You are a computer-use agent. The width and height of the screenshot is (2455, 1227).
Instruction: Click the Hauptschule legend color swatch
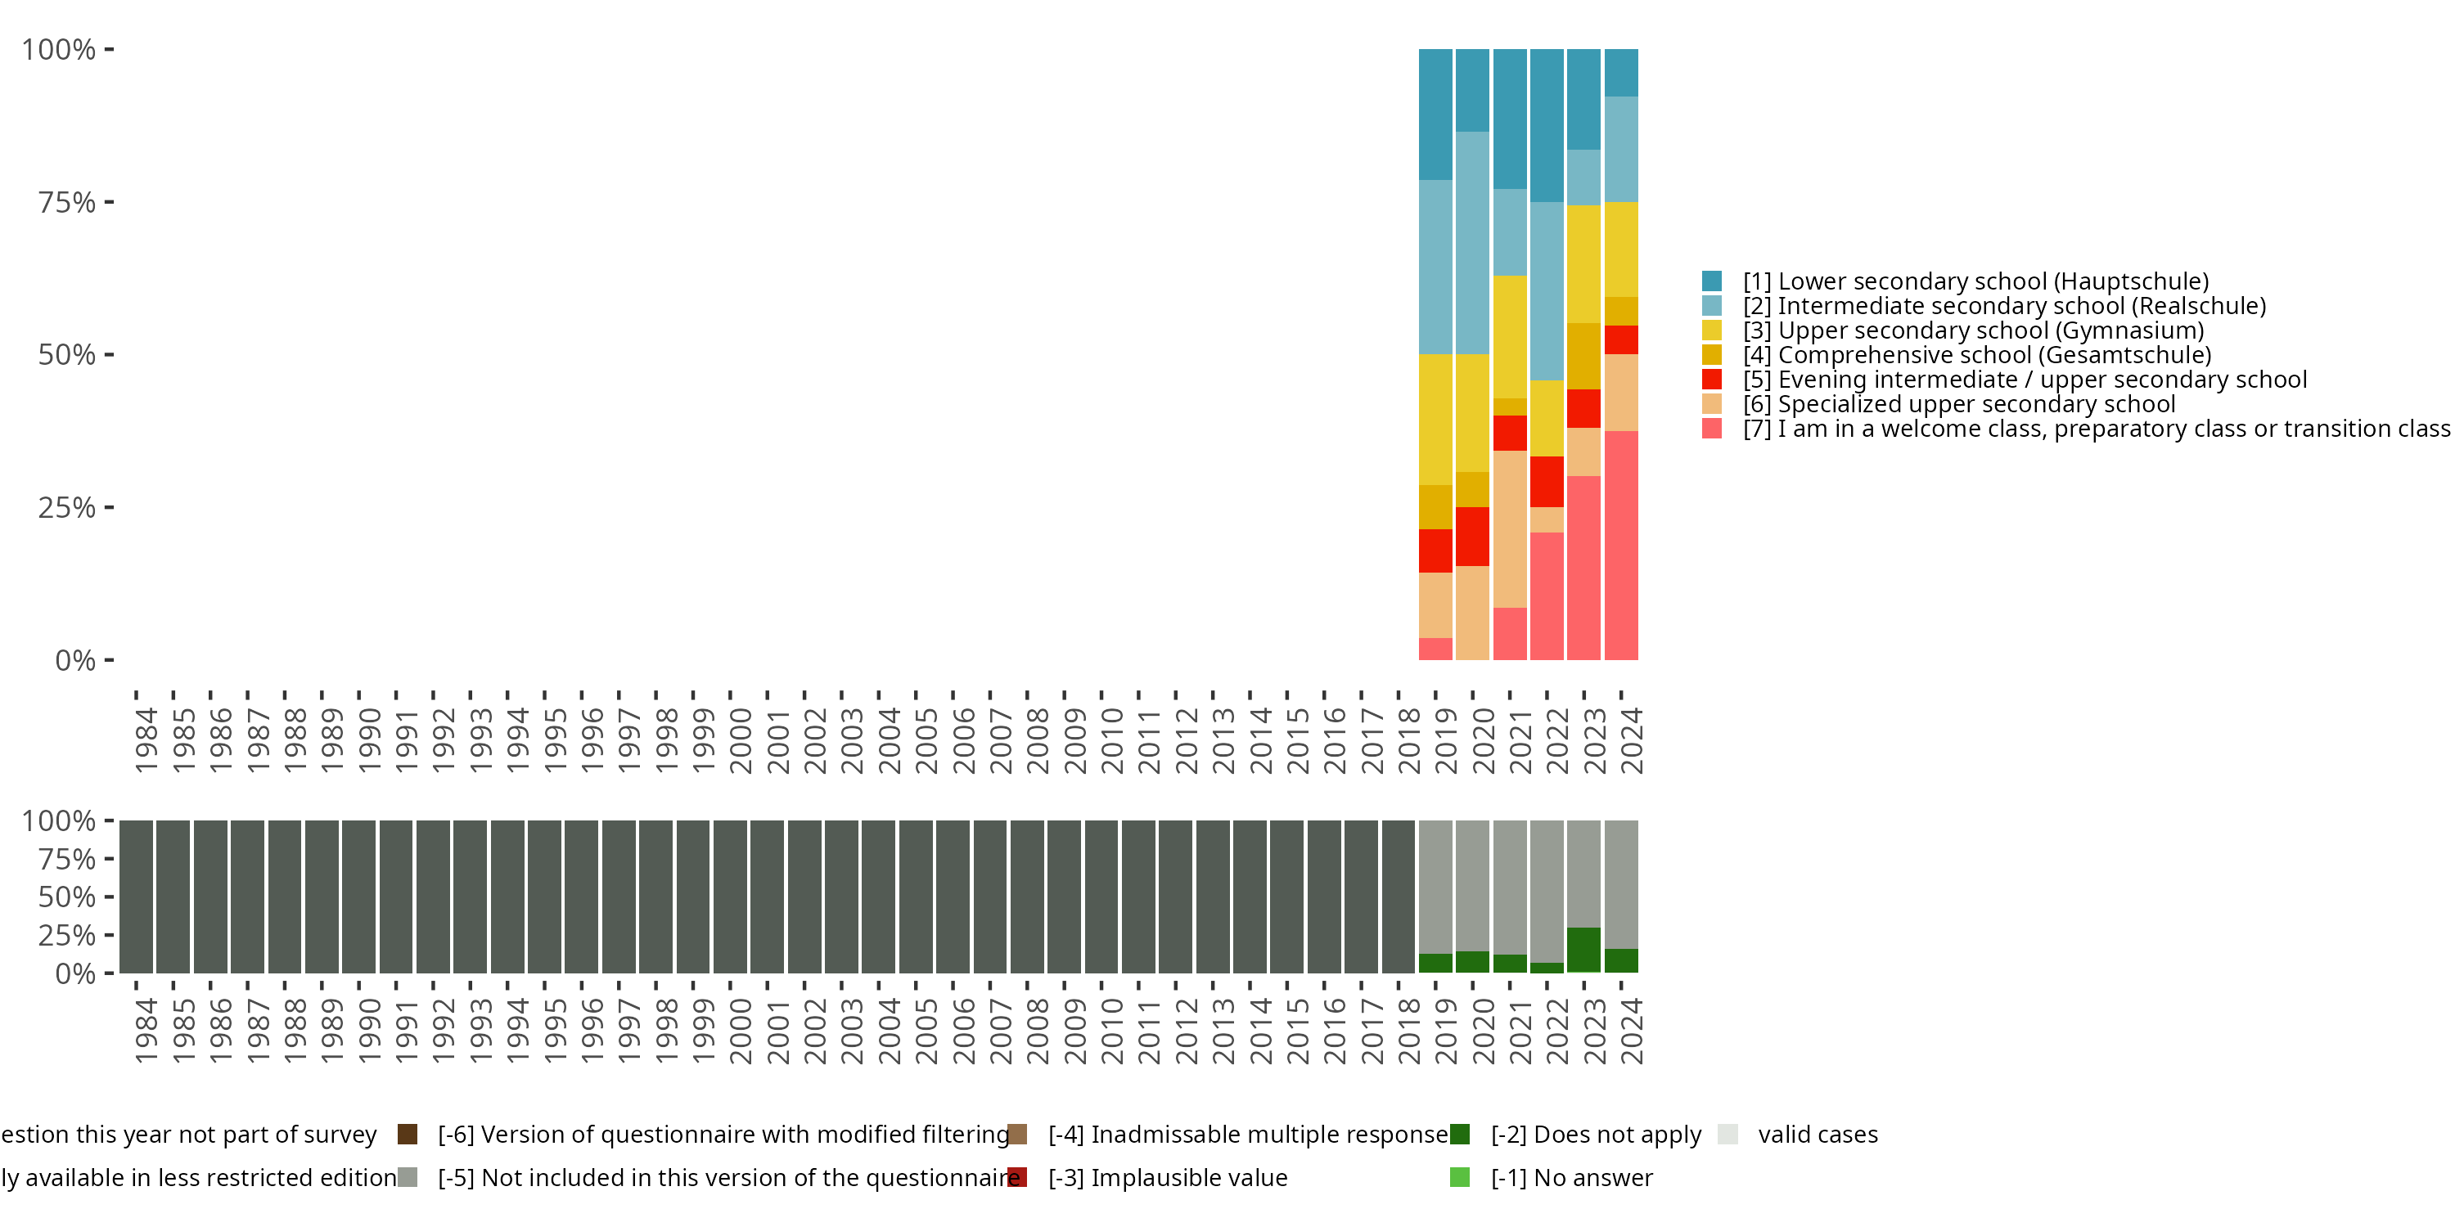click(x=1712, y=281)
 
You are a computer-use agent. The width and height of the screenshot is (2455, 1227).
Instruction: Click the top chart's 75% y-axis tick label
click(x=67, y=202)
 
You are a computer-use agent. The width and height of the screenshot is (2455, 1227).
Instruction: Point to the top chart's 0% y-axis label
click(x=75, y=660)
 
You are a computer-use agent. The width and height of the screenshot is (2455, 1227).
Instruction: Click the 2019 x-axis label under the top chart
click(x=1446, y=741)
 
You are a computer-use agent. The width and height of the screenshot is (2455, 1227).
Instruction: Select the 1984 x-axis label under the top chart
click(x=146, y=741)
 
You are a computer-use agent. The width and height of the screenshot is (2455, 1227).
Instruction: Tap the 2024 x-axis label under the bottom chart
click(x=1632, y=1031)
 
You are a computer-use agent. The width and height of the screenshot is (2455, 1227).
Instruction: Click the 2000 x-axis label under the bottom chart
click(x=741, y=1031)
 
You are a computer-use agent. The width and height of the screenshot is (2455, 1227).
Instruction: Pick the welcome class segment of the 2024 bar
click(x=1621, y=545)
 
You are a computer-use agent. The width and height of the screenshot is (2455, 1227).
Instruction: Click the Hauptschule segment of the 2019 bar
click(x=1435, y=115)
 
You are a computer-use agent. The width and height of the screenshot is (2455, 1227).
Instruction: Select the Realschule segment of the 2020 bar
click(x=1472, y=243)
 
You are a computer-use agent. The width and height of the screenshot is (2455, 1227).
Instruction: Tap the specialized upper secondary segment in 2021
click(x=1510, y=528)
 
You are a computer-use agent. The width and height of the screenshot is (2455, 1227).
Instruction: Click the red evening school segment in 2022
click(x=1547, y=481)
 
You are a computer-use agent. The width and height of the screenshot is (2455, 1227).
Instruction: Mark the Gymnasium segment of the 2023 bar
click(x=1584, y=264)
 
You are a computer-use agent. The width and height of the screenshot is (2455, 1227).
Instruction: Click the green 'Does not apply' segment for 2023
click(x=1584, y=950)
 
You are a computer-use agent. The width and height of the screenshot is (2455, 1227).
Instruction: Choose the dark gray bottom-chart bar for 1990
click(x=358, y=897)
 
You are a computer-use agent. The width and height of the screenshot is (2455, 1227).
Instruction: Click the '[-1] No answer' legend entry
click(x=1570, y=1177)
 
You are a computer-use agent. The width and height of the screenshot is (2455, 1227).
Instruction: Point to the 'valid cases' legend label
click(x=1818, y=1135)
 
